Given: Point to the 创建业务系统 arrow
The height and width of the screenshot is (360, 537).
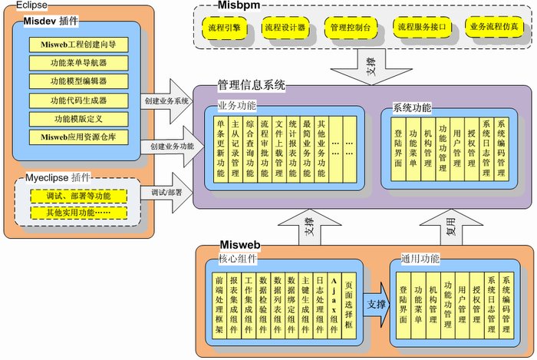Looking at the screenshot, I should click(168, 101).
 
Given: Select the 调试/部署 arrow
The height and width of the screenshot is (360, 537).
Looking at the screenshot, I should click(168, 193).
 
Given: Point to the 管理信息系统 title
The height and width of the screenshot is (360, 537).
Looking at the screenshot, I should click(250, 86).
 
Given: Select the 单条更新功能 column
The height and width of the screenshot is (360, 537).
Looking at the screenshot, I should click(222, 147).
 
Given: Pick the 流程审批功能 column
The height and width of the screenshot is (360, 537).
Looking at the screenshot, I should click(265, 147).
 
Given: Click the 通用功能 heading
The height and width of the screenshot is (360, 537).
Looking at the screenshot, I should click(420, 260).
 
